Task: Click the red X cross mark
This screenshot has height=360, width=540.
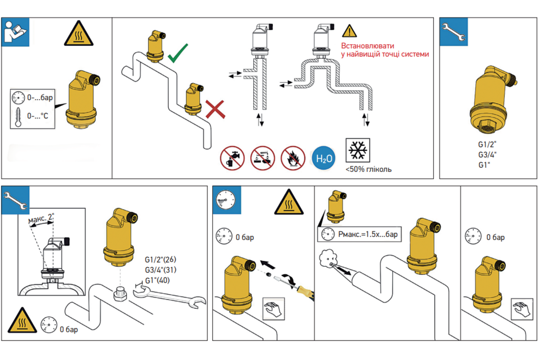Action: tap(215, 109)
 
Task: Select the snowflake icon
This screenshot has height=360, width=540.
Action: tap(358, 150)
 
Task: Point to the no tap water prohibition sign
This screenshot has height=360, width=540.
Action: tap(232, 158)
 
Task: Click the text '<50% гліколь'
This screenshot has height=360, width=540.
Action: tap(369, 170)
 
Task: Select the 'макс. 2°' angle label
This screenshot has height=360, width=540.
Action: tap(41, 220)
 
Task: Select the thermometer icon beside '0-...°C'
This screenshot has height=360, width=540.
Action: tap(18, 116)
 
